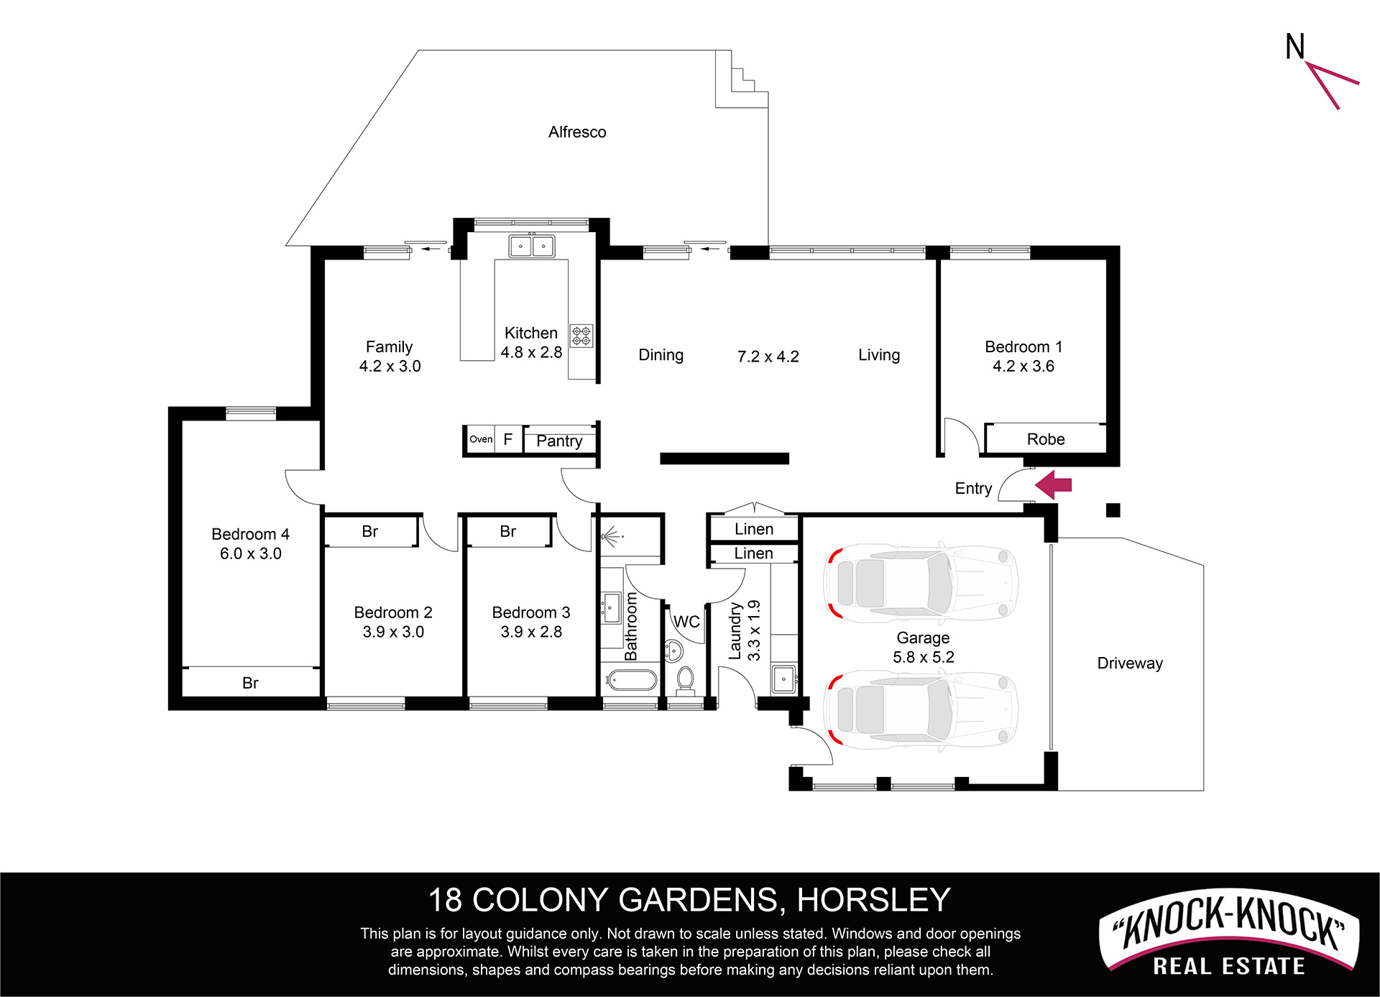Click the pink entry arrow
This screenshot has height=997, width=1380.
tap(1054, 485)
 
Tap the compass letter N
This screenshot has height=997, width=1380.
tap(1295, 47)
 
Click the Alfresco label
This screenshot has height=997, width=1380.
tap(577, 132)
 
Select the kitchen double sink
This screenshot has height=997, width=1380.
tap(532, 246)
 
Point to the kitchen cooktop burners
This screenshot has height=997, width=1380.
tap(581, 336)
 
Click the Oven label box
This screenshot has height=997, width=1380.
tap(481, 439)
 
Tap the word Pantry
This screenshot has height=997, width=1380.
tap(559, 441)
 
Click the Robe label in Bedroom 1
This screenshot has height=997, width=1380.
tap(1046, 439)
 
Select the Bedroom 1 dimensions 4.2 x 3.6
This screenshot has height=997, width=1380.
tap(1023, 367)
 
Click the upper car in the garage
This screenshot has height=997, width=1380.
tap(921, 582)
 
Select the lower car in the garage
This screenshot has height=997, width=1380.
tap(921, 710)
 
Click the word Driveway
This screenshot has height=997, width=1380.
tap(1130, 663)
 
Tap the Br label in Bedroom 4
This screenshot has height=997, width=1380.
tap(250, 683)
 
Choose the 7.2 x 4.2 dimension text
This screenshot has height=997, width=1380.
tap(768, 357)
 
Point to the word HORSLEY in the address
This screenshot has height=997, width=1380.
tap(874, 900)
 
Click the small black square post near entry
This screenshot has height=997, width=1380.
tap(1113, 510)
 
